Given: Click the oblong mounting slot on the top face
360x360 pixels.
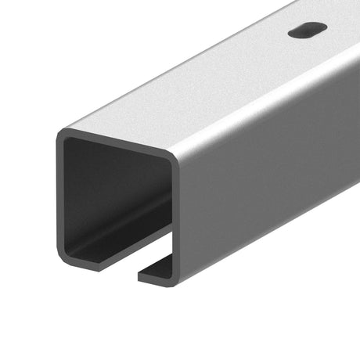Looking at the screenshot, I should (307, 31).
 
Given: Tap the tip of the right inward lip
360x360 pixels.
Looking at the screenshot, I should (141, 275).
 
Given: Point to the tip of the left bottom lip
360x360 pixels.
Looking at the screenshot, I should (99, 265).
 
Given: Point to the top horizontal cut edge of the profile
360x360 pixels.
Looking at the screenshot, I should (117, 144).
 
